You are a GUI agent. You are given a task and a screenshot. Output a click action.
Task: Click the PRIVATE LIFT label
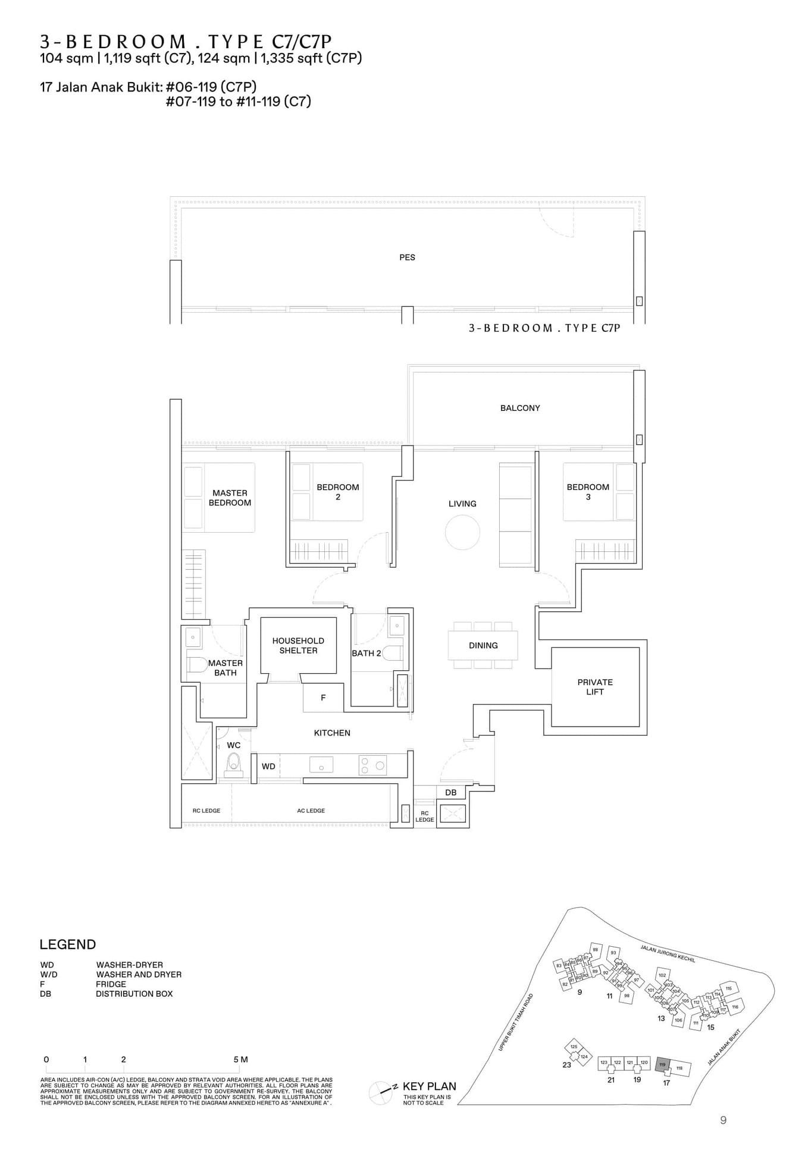click(594, 687)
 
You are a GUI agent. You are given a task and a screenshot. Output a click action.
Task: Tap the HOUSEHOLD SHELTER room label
click(298, 645)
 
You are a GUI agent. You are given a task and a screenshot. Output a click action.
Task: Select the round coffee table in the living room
click(462, 532)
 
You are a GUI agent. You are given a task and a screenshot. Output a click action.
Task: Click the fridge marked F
click(323, 698)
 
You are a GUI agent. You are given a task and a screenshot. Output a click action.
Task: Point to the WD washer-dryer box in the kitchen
click(268, 766)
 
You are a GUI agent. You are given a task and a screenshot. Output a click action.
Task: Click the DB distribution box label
click(450, 792)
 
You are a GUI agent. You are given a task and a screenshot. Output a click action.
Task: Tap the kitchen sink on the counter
click(321, 765)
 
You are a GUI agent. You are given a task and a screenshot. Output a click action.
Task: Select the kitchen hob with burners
click(372, 765)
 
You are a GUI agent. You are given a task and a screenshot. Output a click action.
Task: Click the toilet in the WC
click(234, 763)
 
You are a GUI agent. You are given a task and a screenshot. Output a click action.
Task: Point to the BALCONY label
click(520, 408)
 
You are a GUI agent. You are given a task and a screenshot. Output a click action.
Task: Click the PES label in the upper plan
click(407, 257)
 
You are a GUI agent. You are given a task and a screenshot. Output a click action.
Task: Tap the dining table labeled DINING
click(483, 645)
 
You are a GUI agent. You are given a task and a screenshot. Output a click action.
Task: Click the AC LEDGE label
click(311, 811)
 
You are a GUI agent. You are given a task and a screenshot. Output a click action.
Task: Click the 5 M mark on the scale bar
click(240, 1059)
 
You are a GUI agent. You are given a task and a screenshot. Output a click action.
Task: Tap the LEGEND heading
click(67, 944)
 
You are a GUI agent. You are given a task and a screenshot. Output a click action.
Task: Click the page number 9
click(723, 1120)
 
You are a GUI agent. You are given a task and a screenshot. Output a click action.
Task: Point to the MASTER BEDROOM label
click(230, 498)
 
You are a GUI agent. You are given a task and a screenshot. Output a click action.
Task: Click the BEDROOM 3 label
click(588, 492)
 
